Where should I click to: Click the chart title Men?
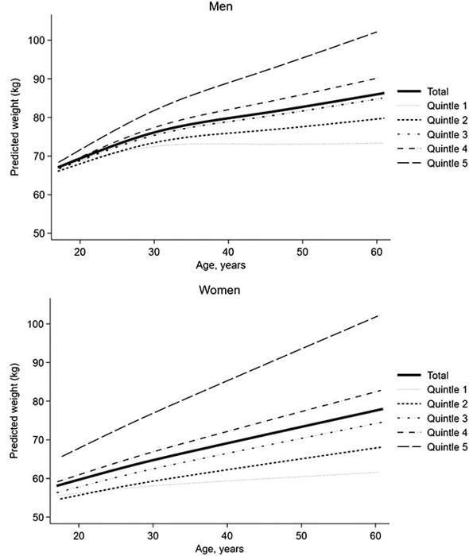(221, 6)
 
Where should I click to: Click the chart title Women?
(219, 290)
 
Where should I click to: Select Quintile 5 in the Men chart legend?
(447, 163)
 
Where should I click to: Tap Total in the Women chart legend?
(438, 375)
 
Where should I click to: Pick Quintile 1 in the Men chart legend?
(447, 106)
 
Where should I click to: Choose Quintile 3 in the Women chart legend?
(447, 419)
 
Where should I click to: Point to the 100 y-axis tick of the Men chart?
(37, 40)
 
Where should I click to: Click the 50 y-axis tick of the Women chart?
(41, 517)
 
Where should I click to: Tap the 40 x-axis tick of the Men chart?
(228, 252)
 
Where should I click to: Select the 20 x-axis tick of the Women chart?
(79, 535)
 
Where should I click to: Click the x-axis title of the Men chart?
(221, 265)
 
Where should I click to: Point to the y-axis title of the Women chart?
(14, 411)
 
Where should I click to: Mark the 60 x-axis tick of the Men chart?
(377, 252)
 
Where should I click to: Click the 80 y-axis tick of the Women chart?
(41, 401)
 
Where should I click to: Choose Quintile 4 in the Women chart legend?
(447, 433)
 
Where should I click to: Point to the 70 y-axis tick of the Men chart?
(41, 156)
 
